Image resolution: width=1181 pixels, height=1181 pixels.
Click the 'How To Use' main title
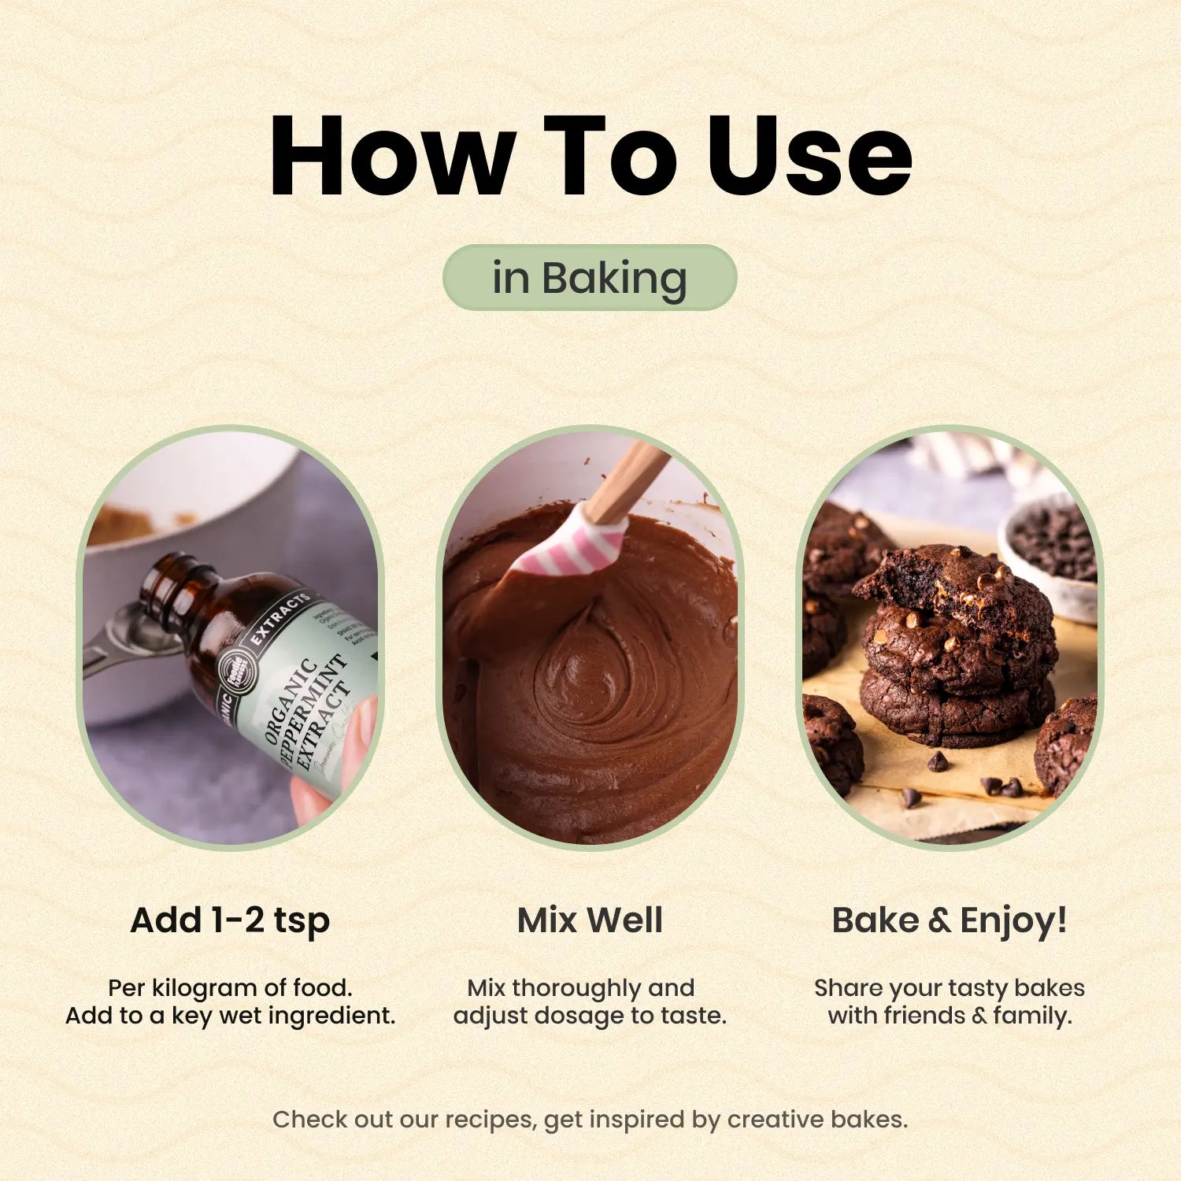point(590,155)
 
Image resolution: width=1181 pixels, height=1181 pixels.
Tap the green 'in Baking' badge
point(590,278)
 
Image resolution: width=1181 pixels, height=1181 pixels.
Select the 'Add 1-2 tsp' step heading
point(230,920)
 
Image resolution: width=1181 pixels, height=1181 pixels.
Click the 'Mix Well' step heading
point(590,920)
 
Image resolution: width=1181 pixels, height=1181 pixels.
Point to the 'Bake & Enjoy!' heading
point(950,920)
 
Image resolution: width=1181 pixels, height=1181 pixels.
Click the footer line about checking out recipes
point(590,1119)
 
